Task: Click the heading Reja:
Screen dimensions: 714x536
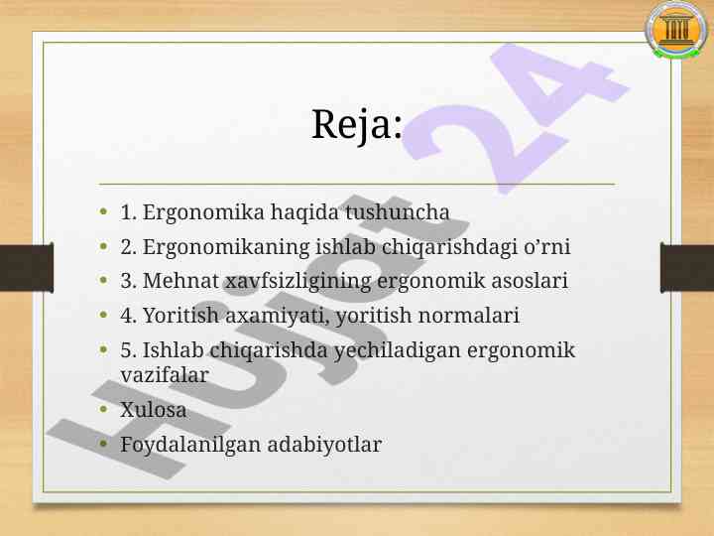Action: (x=357, y=124)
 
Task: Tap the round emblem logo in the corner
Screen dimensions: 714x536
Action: (x=675, y=30)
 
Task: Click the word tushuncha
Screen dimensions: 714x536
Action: (x=397, y=212)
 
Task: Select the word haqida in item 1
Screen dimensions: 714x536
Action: (x=304, y=212)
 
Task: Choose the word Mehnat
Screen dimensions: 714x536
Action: (x=180, y=280)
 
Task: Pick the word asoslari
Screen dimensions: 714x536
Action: (x=530, y=280)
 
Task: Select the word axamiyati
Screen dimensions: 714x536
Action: (x=278, y=316)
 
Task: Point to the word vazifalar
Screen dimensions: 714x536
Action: (x=165, y=375)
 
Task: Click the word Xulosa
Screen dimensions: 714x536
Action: (x=153, y=410)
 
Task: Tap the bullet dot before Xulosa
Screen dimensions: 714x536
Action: (x=103, y=409)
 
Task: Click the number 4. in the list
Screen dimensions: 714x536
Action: (x=128, y=316)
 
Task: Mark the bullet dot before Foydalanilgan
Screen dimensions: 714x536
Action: (x=103, y=444)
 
